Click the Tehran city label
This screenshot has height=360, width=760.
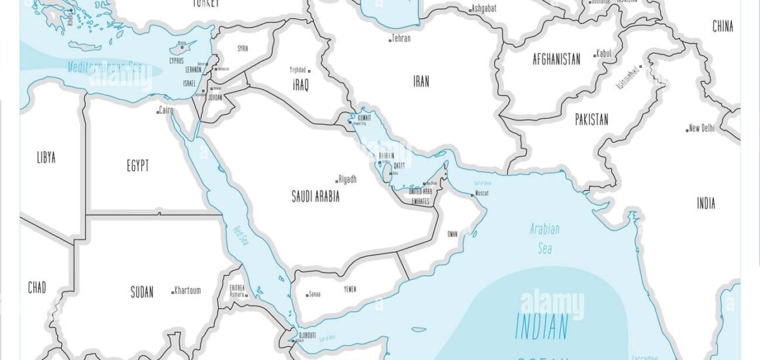[401, 39]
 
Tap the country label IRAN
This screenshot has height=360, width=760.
[421, 81]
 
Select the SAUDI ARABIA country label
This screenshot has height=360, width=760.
[315, 197]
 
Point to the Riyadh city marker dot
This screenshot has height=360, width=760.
[337, 181]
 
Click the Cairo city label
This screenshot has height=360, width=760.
[167, 111]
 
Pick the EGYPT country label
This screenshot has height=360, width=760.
[138, 166]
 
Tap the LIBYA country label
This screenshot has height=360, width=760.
[46, 158]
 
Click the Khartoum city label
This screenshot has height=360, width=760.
[187, 291]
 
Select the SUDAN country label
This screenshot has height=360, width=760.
[142, 292]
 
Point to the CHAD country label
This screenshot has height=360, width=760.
[37, 288]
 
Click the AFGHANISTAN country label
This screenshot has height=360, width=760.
[556, 59]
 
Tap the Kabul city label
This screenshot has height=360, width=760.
[603, 53]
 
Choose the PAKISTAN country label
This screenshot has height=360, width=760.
[591, 120]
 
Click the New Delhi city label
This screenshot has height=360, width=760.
[701, 128]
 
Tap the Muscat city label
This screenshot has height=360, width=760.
[482, 193]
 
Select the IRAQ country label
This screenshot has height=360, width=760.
[301, 85]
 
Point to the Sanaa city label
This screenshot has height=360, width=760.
[314, 293]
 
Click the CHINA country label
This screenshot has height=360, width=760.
[723, 27]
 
